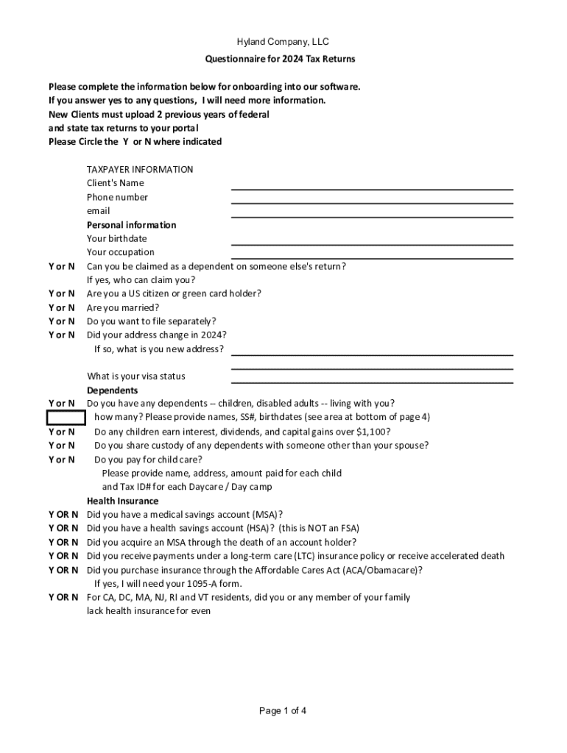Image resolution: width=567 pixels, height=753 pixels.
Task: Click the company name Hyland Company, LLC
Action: coord(283,42)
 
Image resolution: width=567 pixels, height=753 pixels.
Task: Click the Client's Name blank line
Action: coord(372,189)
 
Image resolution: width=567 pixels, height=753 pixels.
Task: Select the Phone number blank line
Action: coord(372,203)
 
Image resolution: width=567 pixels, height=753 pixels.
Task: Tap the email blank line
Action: coord(372,217)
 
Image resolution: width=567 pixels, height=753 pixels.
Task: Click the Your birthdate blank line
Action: coord(372,244)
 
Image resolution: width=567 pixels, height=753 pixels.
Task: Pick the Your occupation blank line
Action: coord(372,258)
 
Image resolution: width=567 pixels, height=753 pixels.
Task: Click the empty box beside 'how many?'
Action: coord(66,418)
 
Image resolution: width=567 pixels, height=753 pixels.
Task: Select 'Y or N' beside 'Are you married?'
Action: coord(62,307)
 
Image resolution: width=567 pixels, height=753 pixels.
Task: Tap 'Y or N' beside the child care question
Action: coord(62,460)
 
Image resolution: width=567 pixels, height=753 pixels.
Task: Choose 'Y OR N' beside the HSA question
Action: coord(63,528)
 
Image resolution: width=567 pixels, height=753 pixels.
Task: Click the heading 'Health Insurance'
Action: coord(122,501)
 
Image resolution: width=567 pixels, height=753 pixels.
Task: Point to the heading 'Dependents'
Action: coord(112,390)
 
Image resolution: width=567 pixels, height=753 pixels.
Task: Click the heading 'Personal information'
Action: coord(131,225)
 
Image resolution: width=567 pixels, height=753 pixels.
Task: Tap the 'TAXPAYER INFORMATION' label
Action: coord(140,169)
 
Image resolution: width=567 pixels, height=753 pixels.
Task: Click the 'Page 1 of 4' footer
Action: coord(283,710)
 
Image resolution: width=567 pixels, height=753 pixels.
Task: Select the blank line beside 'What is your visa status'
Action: coord(372,382)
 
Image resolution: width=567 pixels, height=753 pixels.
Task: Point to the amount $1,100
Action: coord(373,432)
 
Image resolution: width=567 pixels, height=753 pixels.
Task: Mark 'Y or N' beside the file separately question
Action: coord(62,321)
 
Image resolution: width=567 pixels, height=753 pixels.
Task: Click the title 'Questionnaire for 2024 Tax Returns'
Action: coord(283,59)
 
